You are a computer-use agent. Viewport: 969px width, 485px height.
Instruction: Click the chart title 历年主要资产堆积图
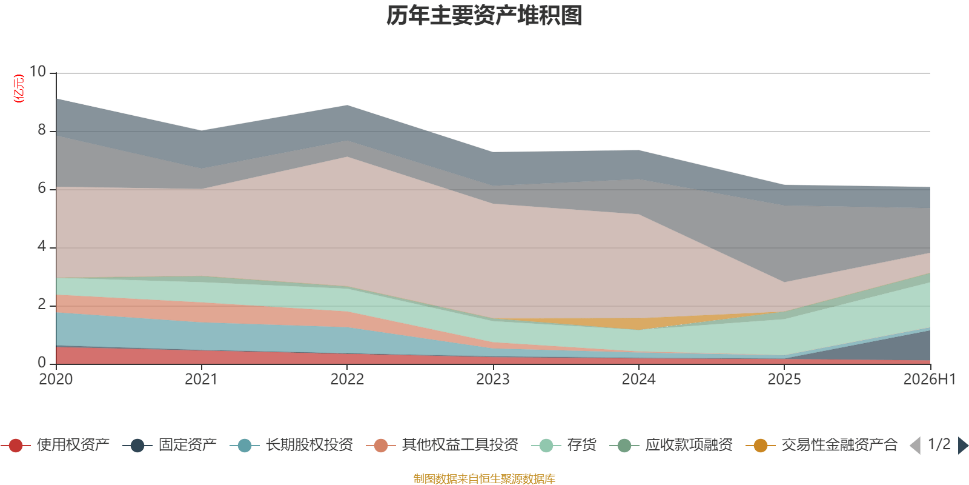coord(484,16)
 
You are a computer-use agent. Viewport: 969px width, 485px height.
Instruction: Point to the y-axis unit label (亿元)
coord(19,89)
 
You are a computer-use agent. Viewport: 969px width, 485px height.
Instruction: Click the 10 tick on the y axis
coord(38,72)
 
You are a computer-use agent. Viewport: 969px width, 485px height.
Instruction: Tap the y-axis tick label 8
coord(42,130)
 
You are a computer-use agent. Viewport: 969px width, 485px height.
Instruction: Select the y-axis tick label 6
coord(42,188)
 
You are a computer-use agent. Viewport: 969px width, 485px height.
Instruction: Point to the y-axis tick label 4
coord(42,246)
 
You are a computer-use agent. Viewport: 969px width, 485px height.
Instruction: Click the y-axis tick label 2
coord(42,304)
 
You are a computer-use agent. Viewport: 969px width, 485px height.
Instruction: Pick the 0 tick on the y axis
coord(42,363)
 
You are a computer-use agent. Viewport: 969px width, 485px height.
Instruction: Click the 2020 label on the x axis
coord(56,380)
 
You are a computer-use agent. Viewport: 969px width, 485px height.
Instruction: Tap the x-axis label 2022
coord(348,380)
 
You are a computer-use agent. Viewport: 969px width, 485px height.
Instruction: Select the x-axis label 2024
coord(638,380)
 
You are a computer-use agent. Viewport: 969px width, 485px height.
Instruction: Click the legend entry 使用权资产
coord(55,445)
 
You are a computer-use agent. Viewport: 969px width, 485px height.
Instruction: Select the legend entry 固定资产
coord(170,445)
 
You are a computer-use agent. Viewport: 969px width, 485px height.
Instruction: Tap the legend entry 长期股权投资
coord(291,445)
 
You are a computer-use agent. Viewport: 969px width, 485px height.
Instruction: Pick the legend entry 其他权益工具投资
coord(442,445)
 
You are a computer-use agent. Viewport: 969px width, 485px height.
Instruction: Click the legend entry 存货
coord(564,445)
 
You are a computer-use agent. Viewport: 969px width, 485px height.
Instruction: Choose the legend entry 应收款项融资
coord(671,445)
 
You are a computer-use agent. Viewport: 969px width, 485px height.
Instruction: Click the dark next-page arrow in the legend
coord(963,445)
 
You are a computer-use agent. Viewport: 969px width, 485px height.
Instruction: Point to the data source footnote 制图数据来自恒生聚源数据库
coord(484,478)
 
